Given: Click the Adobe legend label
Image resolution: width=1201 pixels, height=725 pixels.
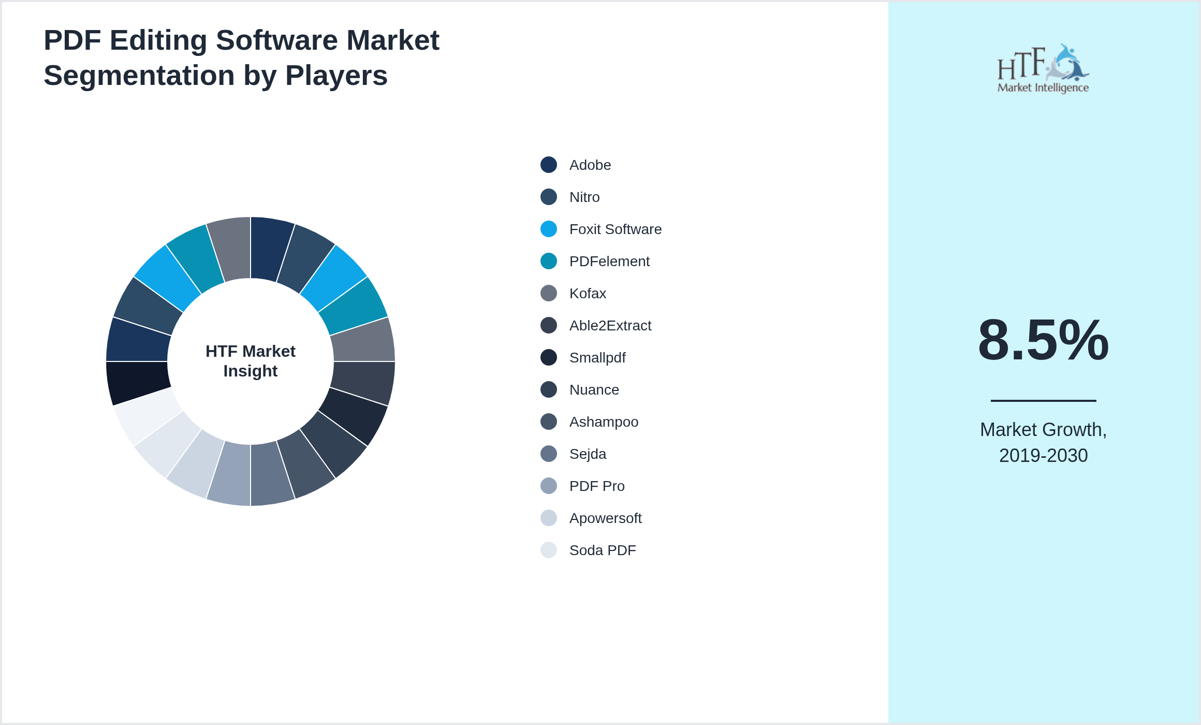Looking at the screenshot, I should click(x=590, y=165).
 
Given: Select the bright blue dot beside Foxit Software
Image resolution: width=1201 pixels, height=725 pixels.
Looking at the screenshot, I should click(x=549, y=229).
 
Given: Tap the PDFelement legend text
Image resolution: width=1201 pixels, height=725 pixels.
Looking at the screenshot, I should click(x=609, y=262).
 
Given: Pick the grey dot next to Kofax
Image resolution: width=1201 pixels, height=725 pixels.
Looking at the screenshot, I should click(x=549, y=293).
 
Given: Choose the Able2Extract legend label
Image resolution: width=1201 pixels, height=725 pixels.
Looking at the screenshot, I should click(x=610, y=326).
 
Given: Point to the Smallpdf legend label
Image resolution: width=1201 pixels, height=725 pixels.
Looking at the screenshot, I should click(x=597, y=358).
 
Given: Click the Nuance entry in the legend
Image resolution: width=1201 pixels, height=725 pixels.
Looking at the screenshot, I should click(x=594, y=390).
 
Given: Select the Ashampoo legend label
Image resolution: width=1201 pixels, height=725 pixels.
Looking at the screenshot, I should click(x=603, y=422).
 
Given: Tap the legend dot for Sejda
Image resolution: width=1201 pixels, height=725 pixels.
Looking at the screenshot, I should click(x=549, y=454).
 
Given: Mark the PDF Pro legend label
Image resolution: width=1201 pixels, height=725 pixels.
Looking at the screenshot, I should click(x=596, y=486).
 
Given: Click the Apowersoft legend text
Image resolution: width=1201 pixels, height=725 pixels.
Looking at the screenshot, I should click(x=605, y=518).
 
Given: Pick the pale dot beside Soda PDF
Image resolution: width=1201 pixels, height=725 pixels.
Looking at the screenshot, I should click(x=549, y=550).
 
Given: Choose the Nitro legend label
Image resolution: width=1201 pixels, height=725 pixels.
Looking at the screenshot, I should click(x=584, y=197).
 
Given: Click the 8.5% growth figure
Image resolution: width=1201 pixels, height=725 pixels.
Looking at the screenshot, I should click(x=1043, y=340).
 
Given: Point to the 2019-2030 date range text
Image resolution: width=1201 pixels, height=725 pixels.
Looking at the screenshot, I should click(x=1043, y=456).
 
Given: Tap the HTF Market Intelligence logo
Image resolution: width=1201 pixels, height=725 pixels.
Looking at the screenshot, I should click(x=1043, y=69).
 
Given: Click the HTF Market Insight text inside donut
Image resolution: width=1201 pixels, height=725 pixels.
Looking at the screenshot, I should click(x=251, y=361).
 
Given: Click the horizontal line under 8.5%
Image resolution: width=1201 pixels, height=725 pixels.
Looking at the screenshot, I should click(x=1043, y=400).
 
